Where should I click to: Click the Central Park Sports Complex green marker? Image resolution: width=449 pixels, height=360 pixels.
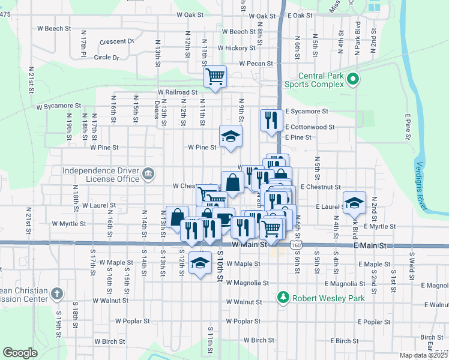[x=353, y=79]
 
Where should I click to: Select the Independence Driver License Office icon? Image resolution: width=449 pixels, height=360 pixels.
[x=148, y=175]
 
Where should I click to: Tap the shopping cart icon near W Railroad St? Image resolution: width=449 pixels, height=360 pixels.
[x=215, y=77]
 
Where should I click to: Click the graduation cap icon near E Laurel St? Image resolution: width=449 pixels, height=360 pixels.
[x=354, y=203]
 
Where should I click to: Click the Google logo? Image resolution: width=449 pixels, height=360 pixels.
[x=20, y=353]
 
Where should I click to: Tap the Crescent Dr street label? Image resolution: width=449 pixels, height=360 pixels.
[x=116, y=41]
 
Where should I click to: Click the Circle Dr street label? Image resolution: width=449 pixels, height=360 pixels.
[x=107, y=58]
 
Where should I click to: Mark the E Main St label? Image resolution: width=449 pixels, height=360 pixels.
[x=370, y=246]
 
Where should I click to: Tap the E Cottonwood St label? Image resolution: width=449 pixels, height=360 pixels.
[x=310, y=127]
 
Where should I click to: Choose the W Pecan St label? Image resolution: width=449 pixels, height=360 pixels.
[x=256, y=63]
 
